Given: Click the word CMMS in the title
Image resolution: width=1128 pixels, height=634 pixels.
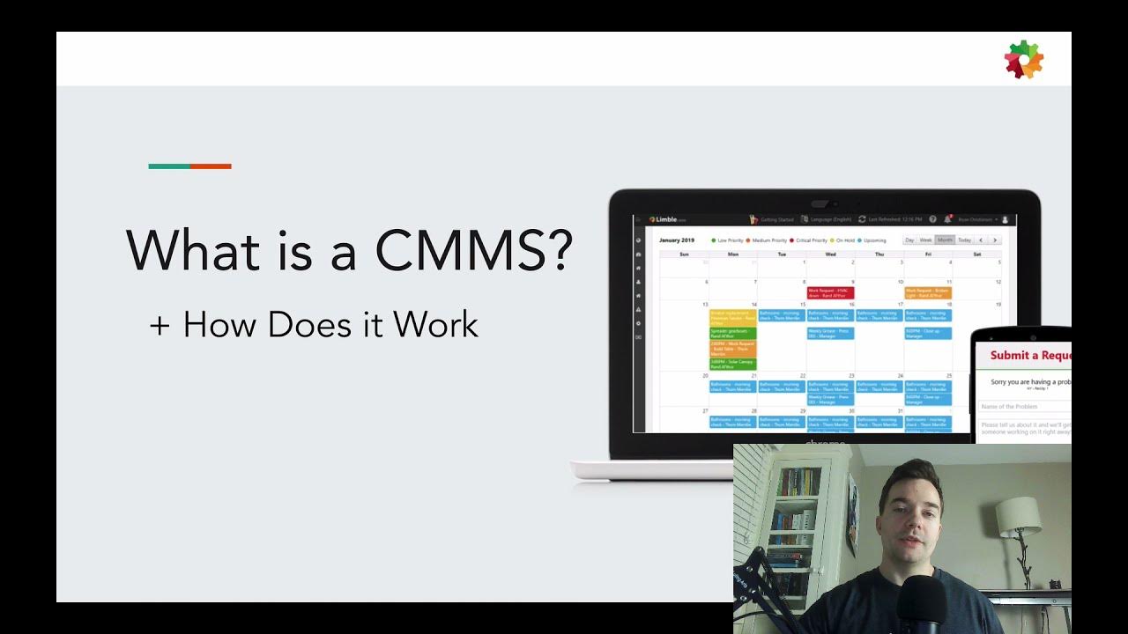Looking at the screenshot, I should click(474, 250).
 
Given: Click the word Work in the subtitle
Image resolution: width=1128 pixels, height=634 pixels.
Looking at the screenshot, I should click(435, 325).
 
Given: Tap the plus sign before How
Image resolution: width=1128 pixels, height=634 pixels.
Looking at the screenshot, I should click(160, 325).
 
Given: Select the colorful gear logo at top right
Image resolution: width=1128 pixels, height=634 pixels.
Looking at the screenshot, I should click(1023, 59).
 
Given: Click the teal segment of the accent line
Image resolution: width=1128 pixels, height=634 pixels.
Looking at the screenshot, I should click(169, 166).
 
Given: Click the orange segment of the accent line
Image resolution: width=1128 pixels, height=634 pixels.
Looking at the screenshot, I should click(211, 166).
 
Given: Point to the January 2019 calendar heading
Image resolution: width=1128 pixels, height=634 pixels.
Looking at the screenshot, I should click(676, 240).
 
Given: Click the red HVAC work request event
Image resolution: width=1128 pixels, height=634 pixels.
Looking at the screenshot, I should click(830, 292).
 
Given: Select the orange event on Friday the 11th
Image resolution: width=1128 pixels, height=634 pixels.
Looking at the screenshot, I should click(927, 292).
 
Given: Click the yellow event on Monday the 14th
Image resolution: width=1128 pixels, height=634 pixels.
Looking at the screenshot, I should click(732, 317).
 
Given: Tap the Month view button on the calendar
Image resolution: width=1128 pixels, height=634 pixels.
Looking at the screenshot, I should click(945, 240).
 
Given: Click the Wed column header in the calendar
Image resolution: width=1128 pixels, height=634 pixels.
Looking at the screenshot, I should click(830, 254).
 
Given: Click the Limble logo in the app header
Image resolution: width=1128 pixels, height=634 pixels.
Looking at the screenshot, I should click(666, 219).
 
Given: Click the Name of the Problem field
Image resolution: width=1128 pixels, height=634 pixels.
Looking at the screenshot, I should click(1022, 407).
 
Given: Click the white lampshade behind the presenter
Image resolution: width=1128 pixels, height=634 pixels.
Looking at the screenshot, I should click(1018, 512).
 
